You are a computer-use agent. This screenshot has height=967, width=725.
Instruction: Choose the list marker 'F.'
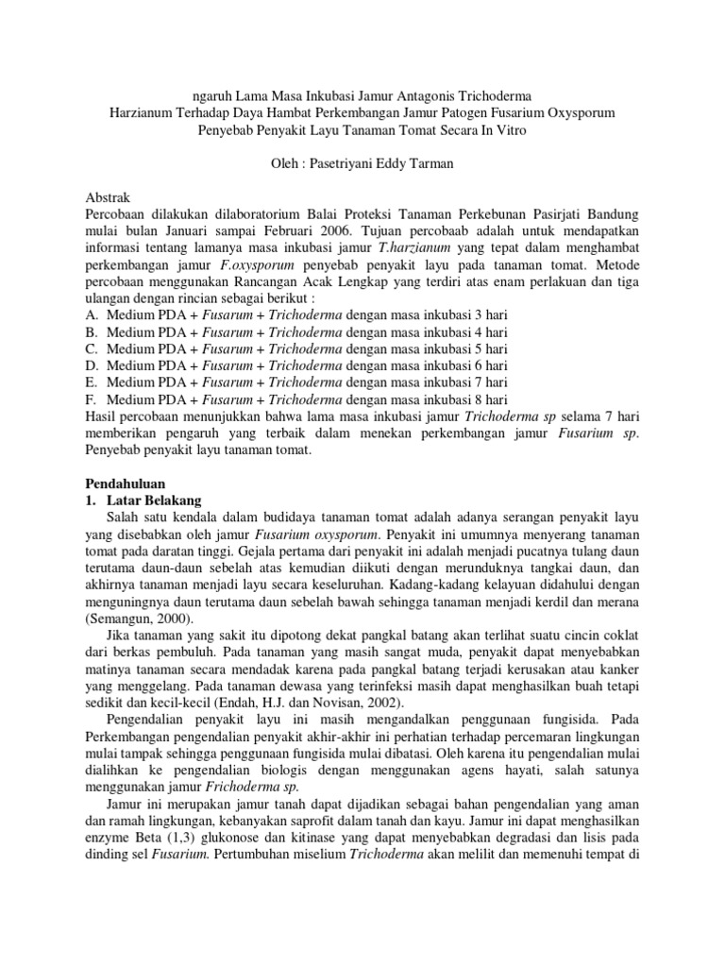92,399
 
